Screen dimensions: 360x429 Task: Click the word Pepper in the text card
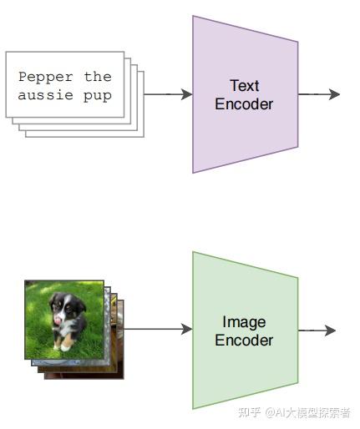click(46, 78)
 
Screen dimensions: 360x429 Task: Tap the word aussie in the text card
click(46, 95)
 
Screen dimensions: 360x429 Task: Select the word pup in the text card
click(98, 96)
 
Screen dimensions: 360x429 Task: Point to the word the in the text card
click(98, 77)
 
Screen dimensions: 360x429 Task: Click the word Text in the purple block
click(244, 85)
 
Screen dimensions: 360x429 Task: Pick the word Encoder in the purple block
click(244, 104)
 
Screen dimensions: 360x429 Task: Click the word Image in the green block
click(244, 323)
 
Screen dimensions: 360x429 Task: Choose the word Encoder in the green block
click(244, 341)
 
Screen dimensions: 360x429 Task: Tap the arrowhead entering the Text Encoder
click(186, 94)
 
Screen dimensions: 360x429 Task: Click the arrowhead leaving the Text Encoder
click(334, 94)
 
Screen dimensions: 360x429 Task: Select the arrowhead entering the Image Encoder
click(186, 329)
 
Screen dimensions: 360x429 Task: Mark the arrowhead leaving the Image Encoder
click(330, 331)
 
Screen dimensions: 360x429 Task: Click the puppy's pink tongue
click(58, 320)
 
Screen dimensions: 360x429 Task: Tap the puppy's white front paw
click(65, 346)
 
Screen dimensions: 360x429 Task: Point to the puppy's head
click(66, 305)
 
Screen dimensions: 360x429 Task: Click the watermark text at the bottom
click(294, 412)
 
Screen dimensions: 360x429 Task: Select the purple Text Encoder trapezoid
click(246, 94)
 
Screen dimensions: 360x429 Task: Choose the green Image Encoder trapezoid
click(246, 331)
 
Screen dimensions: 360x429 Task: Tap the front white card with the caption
click(65, 84)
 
